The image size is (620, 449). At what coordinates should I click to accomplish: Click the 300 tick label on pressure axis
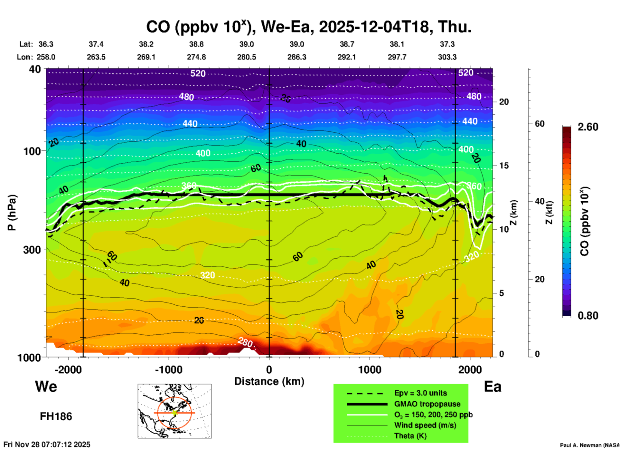tap(32, 249)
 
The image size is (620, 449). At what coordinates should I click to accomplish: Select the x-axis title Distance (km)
tap(269, 381)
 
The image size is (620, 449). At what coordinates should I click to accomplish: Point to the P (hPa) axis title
tap(12, 213)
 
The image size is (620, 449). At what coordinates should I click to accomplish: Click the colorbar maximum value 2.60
tap(588, 127)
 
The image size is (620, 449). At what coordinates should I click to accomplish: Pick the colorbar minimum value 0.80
tap(588, 315)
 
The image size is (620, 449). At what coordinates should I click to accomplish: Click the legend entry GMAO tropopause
tap(427, 404)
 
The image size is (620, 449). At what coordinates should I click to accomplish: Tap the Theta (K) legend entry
tap(410, 436)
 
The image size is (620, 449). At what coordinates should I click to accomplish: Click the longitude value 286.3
tap(297, 57)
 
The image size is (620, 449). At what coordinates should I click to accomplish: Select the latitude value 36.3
tap(46, 44)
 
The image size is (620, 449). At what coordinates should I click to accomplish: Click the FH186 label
tap(56, 416)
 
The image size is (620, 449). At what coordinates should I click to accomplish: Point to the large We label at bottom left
tap(46, 386)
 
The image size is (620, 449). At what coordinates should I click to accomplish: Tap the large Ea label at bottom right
tap(493, 387)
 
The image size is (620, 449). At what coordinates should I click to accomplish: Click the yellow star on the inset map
tap(174, 413)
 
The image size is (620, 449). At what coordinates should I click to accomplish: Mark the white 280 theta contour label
tap(245, 342)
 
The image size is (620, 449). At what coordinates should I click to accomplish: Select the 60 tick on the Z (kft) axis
tap(540, 124)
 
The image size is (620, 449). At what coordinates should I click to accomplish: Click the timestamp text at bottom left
tap(47, 444)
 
